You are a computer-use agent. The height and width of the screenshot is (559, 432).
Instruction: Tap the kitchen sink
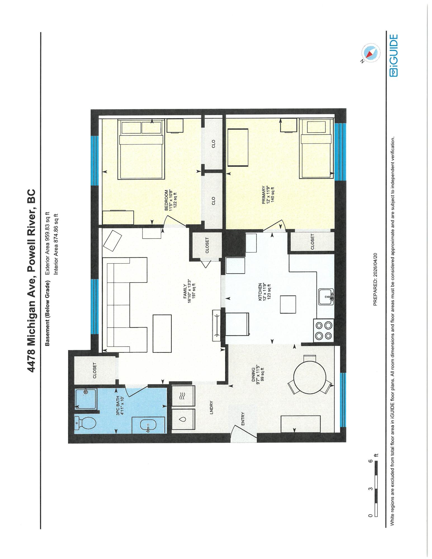326,297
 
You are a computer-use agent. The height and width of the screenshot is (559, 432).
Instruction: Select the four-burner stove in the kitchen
324,330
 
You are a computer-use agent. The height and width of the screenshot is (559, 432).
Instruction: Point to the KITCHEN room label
260,292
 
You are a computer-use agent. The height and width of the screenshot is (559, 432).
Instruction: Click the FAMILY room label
185,291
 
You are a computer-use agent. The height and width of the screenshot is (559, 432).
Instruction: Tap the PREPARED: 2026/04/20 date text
375,279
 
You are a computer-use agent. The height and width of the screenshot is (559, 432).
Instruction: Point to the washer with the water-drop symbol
183,419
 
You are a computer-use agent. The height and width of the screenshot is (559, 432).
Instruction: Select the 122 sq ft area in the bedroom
176,200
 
